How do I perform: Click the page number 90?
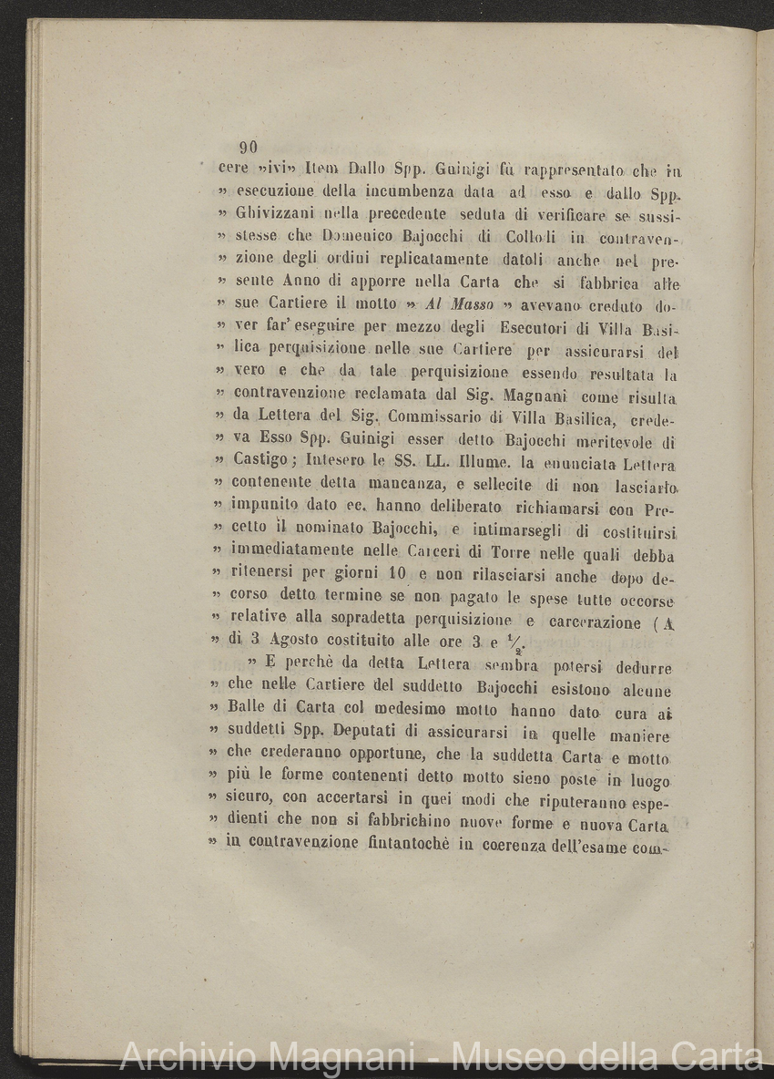click(x=248, y=148)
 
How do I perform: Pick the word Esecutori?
click(x=535, y=326)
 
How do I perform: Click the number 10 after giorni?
click(x=397, y=576)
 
